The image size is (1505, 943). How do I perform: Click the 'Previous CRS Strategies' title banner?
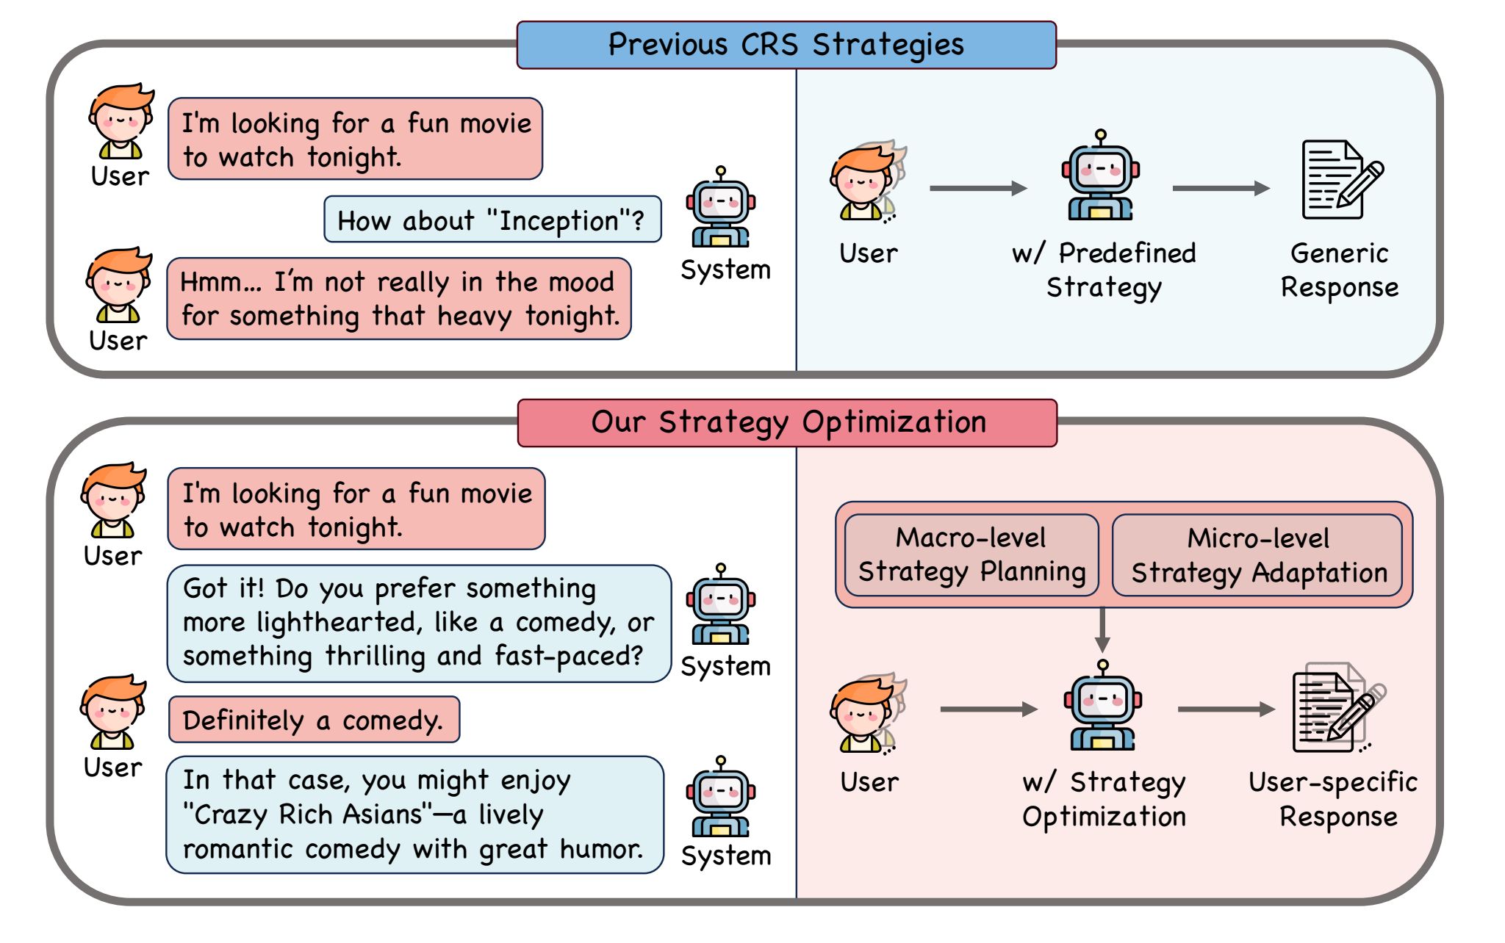pyautogui.click(x=786, y=45)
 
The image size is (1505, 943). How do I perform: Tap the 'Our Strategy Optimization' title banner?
pyautogui.click(x=787, y=423)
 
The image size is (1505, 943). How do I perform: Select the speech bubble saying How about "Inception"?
pyautogui.click(x=492, y=220)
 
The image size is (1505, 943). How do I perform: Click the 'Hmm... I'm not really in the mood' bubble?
pyautogui.click(x=399, y=299)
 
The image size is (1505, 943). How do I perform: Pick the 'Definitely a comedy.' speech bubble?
pyautogui.click(x=314, y=720)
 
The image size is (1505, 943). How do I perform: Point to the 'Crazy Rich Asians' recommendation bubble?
pyautogui.click(x=414, y=814)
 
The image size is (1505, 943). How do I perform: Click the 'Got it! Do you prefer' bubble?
pyautogui.click(x=419, y=623)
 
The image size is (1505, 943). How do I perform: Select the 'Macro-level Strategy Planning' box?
pyautogui.click(x=971, y=554)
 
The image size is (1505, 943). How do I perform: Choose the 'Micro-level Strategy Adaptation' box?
pyautogui.click(x=1258, y=555)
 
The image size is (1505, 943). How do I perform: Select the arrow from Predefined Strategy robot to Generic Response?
pyautogui.click(x=1221, y=189)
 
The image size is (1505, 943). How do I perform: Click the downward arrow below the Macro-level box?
pyautogui.click(x=1102, y=629)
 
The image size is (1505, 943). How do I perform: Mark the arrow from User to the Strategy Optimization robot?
pyautogui.click(x=988, y=709)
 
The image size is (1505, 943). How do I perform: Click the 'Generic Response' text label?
pyautogui.click(x=1340, y=270)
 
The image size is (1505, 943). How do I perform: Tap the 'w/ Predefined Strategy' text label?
pyautogui.click(x=1104, y=270)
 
